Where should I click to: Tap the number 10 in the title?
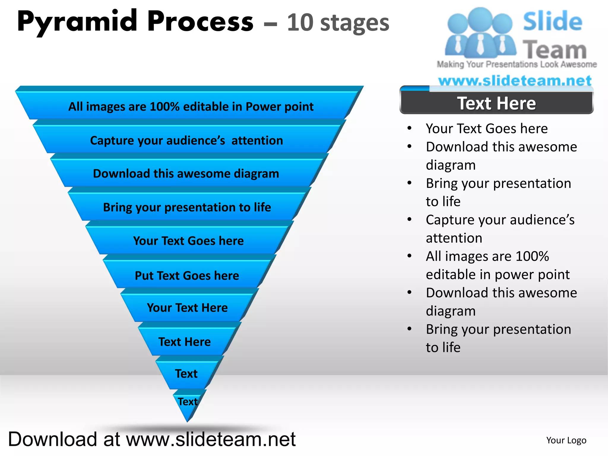(x=300, y=23)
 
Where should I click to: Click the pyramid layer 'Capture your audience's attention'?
(x=186, y=140)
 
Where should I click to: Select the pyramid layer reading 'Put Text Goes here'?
(x=187, y=275)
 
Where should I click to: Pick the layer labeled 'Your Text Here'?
(x=187, y=308)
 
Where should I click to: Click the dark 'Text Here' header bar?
(x=496, y=103)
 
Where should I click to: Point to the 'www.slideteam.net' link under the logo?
(x=515, y=81)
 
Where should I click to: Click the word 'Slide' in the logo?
(x=552, y=21)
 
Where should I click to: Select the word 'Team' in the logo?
(x=555, y=50)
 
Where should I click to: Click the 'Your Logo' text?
(x=566, y=440)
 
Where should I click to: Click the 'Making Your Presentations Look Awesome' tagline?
(x=517, y=64)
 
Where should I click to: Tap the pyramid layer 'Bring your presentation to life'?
(x=187, y=207)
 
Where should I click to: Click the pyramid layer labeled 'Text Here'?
(x=184, y=342)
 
